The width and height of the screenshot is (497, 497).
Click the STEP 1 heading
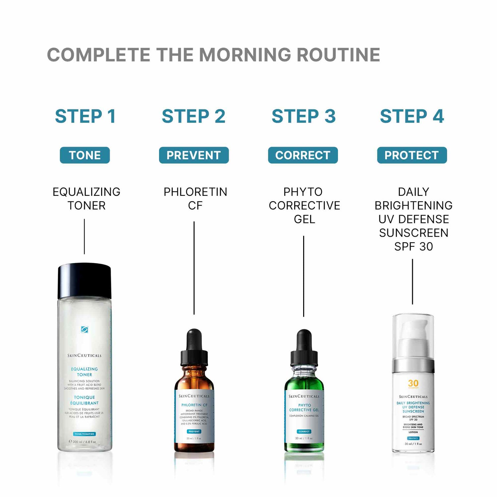coord(85,116)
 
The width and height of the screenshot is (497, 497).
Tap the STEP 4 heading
coord(412,116)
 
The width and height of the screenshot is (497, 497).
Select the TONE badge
coord(85,155)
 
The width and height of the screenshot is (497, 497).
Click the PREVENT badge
coord(194,155)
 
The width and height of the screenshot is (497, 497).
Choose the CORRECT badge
coord(303,155)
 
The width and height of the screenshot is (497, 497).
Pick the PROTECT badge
coord(412,155)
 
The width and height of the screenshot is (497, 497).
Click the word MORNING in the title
coord(245,55)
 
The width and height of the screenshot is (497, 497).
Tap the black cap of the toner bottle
coord(84,281)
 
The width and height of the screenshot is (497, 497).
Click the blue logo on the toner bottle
coord(84,329)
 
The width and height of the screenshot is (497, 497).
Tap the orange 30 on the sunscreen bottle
coord(413,383)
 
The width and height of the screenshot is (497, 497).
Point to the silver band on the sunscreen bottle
coord(413,366)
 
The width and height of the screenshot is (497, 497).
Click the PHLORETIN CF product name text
coord(195,198)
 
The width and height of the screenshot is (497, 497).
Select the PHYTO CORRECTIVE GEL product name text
coord(304,205)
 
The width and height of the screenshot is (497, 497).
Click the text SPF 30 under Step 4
coord(414,247)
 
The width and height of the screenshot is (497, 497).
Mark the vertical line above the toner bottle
coord(84,236)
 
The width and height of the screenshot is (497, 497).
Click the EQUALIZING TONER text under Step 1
coord(86,198)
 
